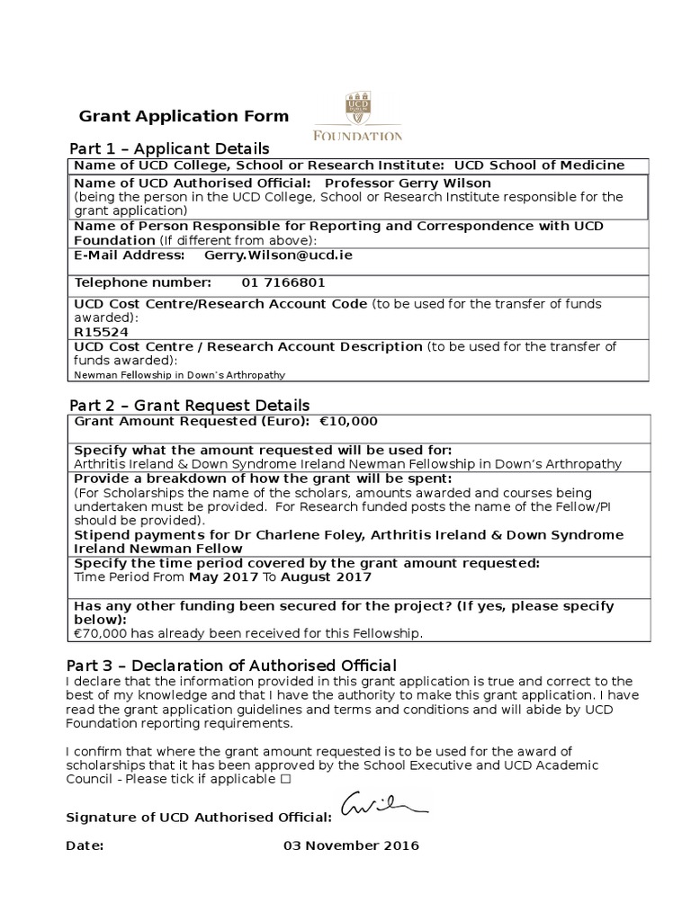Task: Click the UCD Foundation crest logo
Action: [x=356, y=116]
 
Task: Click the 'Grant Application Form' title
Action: [x=184, y=116]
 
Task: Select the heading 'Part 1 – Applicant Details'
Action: [x=169, y=148]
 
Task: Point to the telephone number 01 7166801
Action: [x=283, y=282]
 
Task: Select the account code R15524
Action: [x=95, y=331]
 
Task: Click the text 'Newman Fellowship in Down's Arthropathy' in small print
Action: [x=179, y=374]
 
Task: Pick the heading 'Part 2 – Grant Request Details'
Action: [x=189, y=405]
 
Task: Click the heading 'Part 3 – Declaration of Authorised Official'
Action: [x=231, y=666]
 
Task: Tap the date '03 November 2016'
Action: [x=351, y=845]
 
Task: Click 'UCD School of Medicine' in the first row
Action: [x=539, y=165]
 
